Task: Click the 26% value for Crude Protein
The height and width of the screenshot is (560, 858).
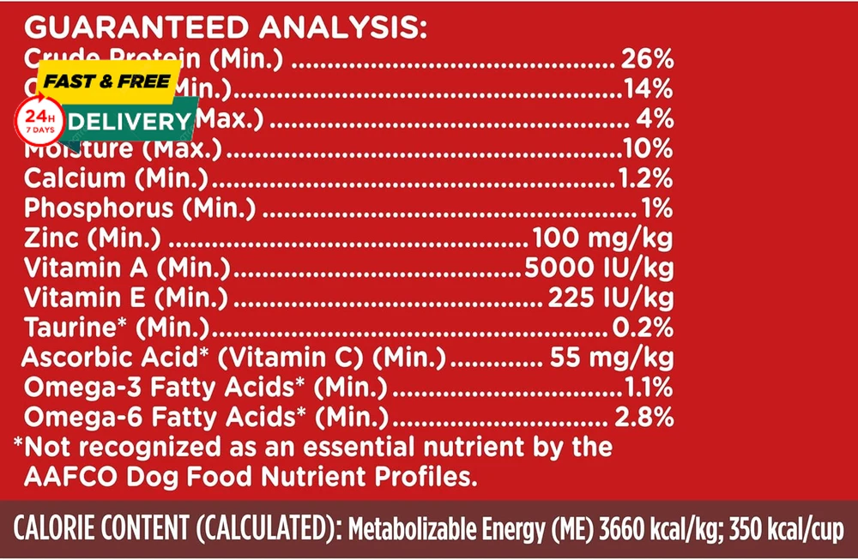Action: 645,60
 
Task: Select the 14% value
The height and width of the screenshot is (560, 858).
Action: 648,89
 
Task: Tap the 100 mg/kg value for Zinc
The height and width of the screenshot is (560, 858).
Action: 602,238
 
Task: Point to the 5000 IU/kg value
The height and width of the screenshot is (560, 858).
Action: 598,268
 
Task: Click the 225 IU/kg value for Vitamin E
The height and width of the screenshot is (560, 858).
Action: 610,298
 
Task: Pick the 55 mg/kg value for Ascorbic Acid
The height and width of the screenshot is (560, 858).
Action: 610,357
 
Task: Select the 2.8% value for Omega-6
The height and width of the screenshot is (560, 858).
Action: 643,417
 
